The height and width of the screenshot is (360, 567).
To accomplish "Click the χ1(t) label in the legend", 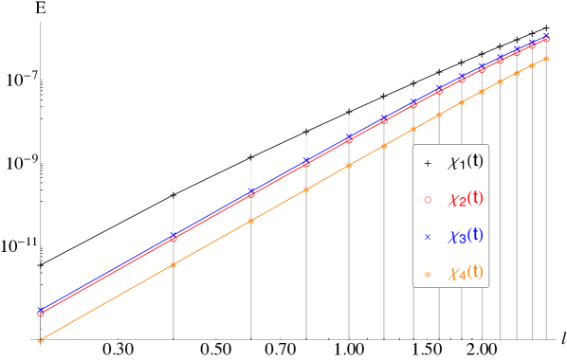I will coord(465,162).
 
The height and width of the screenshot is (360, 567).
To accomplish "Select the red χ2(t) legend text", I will coord(465,199).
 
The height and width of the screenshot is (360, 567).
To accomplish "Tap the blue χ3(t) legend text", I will coord(465,235).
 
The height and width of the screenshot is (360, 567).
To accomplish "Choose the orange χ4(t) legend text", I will coord(465,273).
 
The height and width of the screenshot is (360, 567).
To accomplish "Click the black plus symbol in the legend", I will coord(428,164).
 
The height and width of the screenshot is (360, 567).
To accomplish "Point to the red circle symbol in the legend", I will coord(428,200).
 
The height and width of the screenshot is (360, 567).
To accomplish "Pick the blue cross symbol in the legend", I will coord(428,237).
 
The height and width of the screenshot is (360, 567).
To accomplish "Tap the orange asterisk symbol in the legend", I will coord(428,274).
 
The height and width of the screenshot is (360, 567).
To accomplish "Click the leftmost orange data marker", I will coord(41,339).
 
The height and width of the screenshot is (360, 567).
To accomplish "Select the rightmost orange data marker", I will coord(546,59).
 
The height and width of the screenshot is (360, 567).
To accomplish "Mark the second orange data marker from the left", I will coord(174,264).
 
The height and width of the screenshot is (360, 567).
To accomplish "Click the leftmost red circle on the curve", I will coord(41,313).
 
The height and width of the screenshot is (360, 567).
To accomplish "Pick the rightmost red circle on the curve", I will coord(546,39).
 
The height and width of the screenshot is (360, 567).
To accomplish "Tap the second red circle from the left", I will coord(174,238).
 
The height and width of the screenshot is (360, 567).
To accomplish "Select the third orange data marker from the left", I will coord(251,221).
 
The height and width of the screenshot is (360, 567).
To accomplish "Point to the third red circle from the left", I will coord(251,194).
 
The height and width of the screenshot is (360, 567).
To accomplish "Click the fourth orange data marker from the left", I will coord(306,189).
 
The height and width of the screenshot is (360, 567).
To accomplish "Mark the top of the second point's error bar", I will coord(174,199).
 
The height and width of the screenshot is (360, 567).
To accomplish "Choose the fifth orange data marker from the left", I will coord(349,165).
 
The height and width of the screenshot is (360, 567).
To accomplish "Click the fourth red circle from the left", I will coord(306,163).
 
